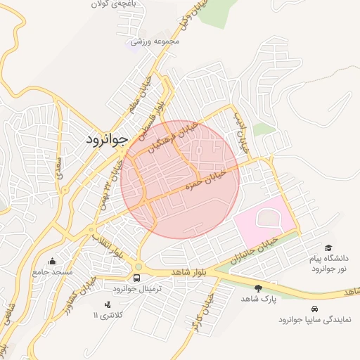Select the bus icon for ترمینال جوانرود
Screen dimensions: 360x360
click(136, 278)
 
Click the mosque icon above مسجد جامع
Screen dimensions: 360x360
click(51, 261)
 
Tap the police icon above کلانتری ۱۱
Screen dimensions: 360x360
click(108, 304)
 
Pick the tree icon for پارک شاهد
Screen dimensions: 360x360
click(258, 288)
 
